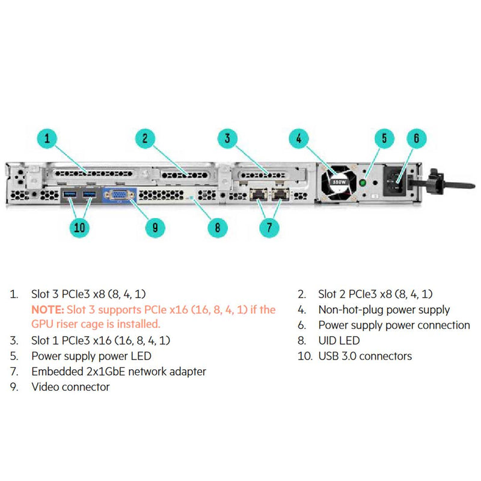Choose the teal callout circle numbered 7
click(x=269, y=227)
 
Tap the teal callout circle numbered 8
click(x=217, y=227)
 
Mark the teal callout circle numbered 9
click(x=155, y=227)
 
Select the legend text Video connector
click(x=70, y=387)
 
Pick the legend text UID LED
click(x=339, y=341)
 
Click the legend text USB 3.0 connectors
click(x=365, y=357)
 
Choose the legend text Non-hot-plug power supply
click(x=384, y=310)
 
